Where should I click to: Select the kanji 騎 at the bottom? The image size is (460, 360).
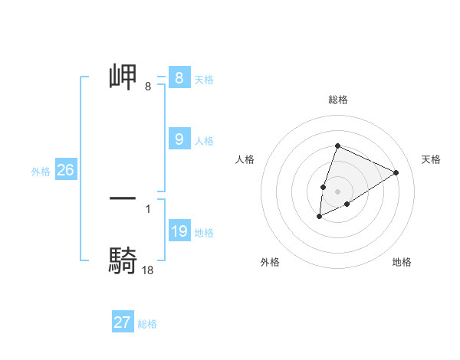point(123,260)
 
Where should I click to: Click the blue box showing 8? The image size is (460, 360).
point(179,78)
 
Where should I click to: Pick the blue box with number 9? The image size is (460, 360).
point(179,139)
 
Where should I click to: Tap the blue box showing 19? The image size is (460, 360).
point(179,231)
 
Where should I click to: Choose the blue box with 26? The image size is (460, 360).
point(65,170)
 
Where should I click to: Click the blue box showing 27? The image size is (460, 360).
point(122,322)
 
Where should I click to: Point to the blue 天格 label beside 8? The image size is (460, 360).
point(204,80)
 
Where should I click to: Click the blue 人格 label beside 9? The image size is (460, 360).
point(204,141)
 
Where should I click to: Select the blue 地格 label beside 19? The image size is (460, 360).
point(204,233)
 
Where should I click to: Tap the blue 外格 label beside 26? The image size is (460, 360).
point(41,172)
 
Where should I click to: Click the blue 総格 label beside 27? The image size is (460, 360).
point(147,324)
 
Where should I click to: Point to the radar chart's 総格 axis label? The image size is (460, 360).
point(337,100)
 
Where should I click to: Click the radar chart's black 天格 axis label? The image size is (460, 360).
point(431,159)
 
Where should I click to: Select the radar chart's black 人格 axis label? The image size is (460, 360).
point(245,159)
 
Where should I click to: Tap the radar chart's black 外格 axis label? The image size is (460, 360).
point(270,262)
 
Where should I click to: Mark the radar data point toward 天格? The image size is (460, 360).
point(396,172)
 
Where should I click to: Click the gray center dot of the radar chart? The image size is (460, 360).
point(337,191)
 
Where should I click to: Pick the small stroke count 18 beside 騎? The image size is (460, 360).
point(148,270)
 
